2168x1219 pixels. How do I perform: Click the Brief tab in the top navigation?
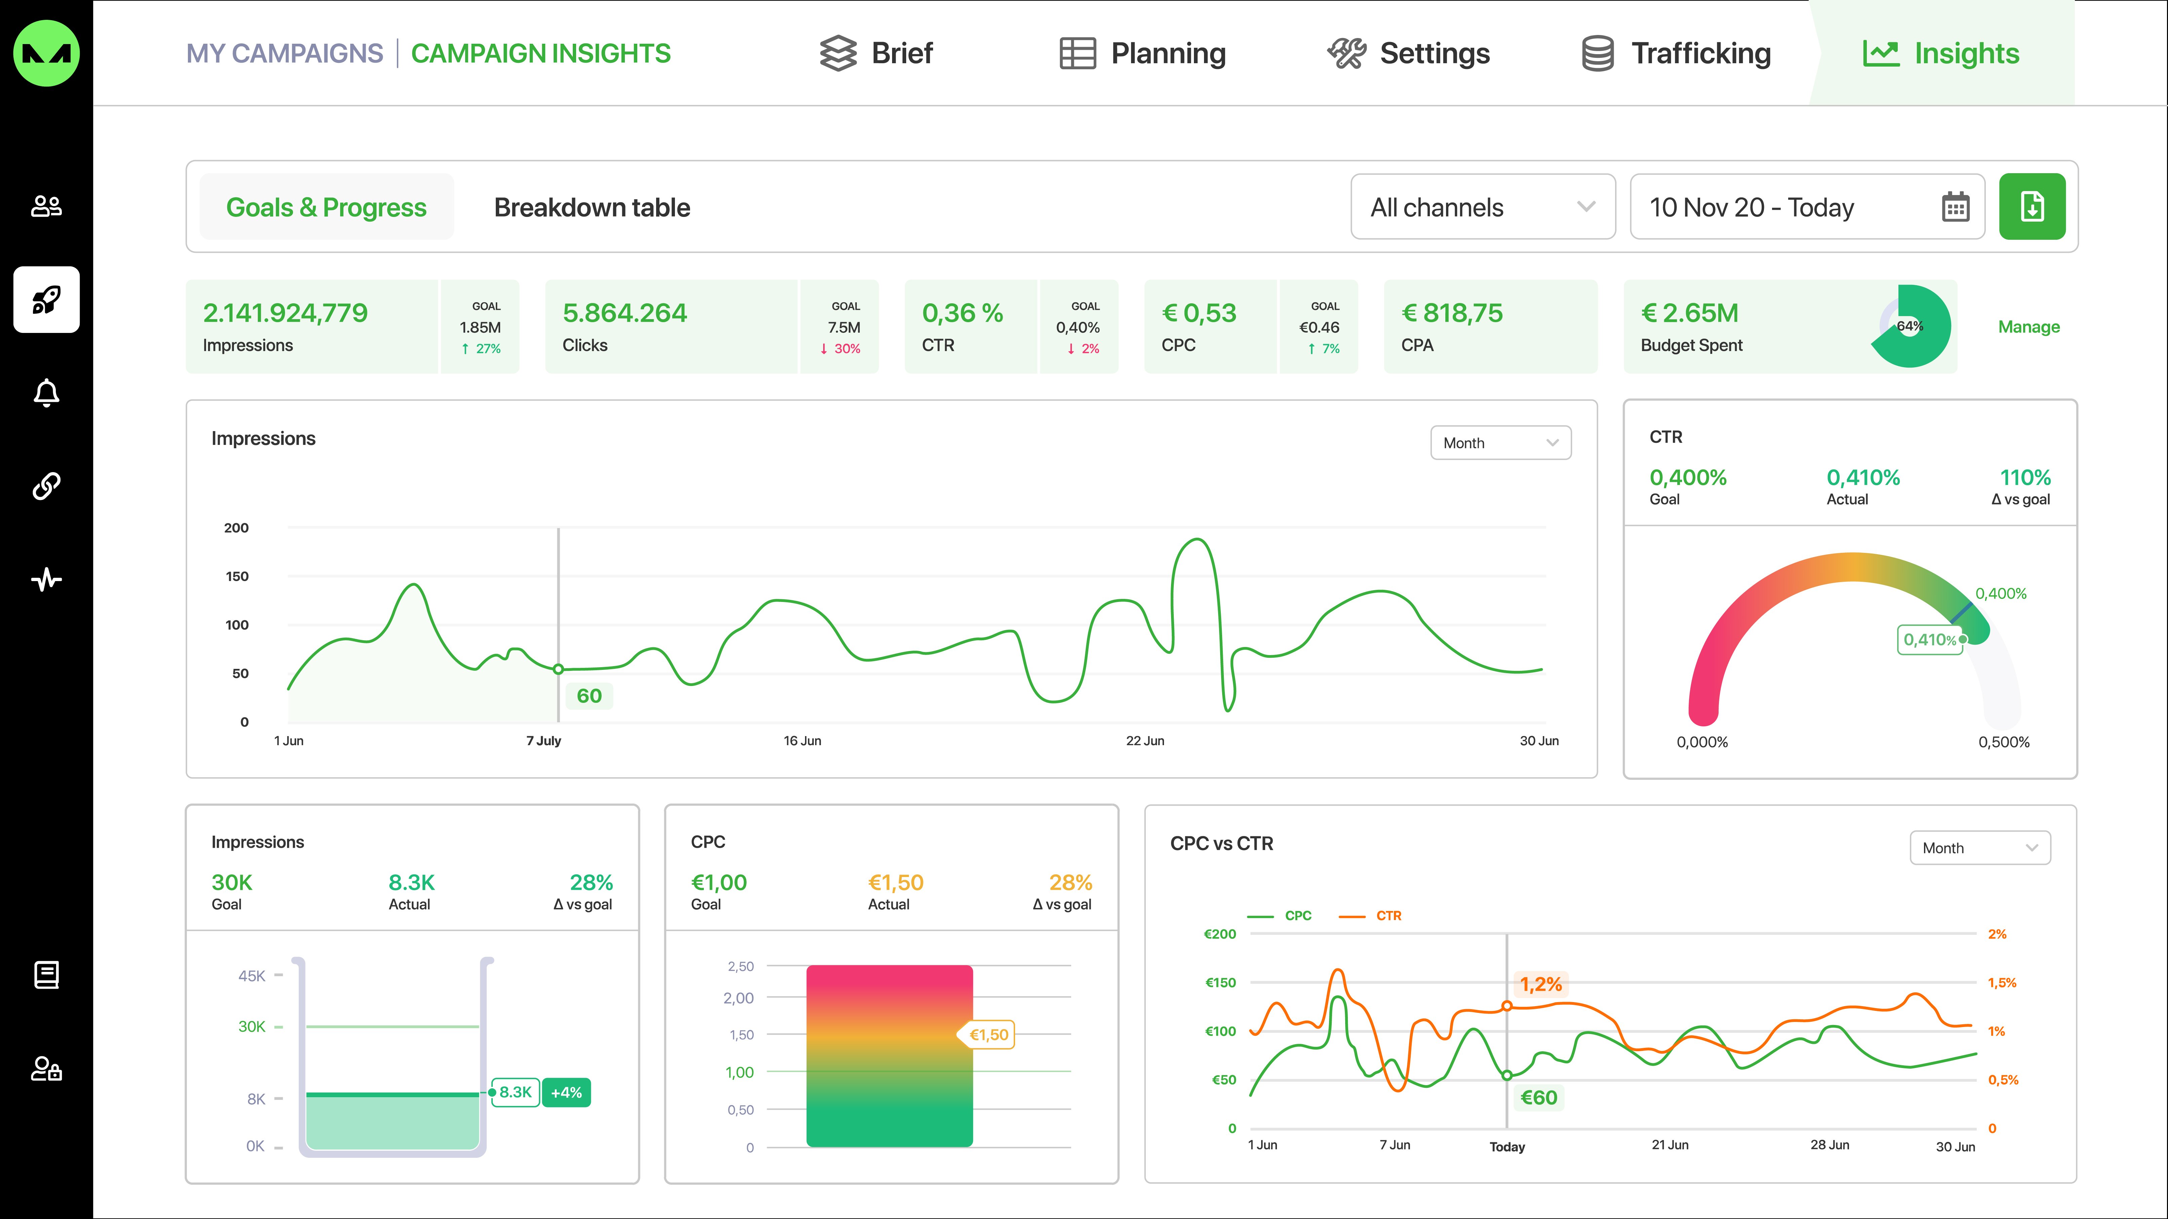pyautogui.click(x=876, y=53)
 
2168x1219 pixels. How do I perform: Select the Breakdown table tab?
pyautogui.click(x=592, y=207)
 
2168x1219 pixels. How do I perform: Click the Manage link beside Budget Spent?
pyautogui.click(x=2028, y=327)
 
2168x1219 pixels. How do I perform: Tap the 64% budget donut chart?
pyautogui.click(x=1911, y=326)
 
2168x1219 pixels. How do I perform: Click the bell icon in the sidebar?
pyautogui.click(x=46, y=392)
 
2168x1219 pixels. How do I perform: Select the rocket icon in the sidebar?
pyautogui.click(x=46, y=300)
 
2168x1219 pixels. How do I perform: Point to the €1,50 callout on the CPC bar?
pyautogui.click(x=988, y=1035)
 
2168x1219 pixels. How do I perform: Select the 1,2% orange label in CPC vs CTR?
pyautogui.click(x=1540, y=984)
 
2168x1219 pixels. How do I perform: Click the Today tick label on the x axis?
pyautogui.click(x=1507, y=1147)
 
